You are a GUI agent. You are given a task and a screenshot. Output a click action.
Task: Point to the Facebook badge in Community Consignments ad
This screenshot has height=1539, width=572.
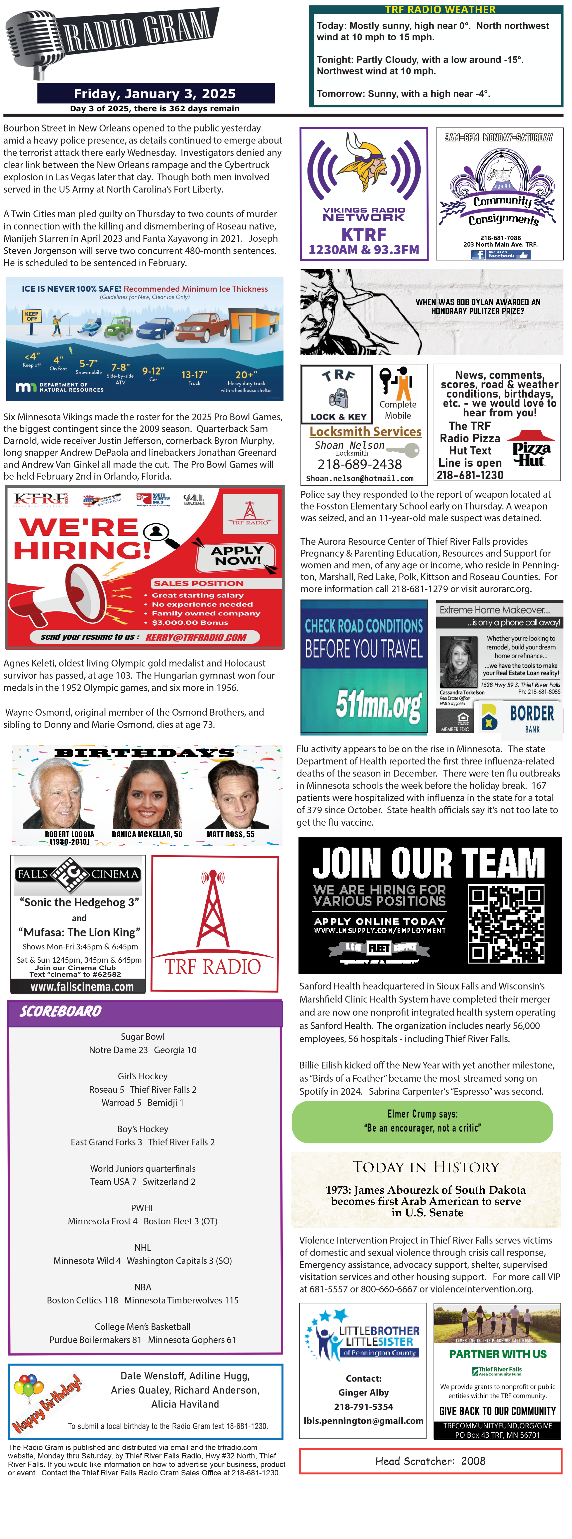(500, 255)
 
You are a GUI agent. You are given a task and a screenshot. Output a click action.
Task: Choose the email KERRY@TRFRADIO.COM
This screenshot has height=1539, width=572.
(196, 638)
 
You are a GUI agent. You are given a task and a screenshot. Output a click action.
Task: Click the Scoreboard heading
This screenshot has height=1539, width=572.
(61, 1011)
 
